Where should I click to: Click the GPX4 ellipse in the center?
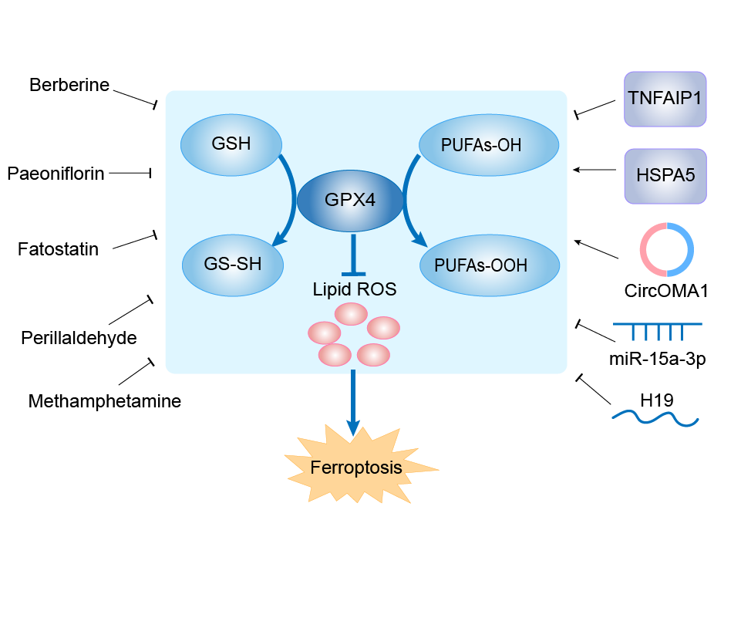(350, 200)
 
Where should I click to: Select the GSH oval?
(231, 144)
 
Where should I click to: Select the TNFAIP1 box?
(665, 99)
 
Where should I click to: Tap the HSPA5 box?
(665, 175)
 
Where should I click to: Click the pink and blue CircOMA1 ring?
(667, 249)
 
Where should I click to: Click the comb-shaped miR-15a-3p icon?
(658, 330)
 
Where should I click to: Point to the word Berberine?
(69, 85)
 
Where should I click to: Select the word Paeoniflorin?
(56, 174)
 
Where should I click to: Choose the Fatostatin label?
(59, 249)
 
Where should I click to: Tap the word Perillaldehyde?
(79, 337)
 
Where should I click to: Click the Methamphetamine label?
(105, 401)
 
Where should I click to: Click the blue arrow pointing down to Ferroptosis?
(352, 401)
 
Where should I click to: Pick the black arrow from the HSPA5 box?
(598, 170)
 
